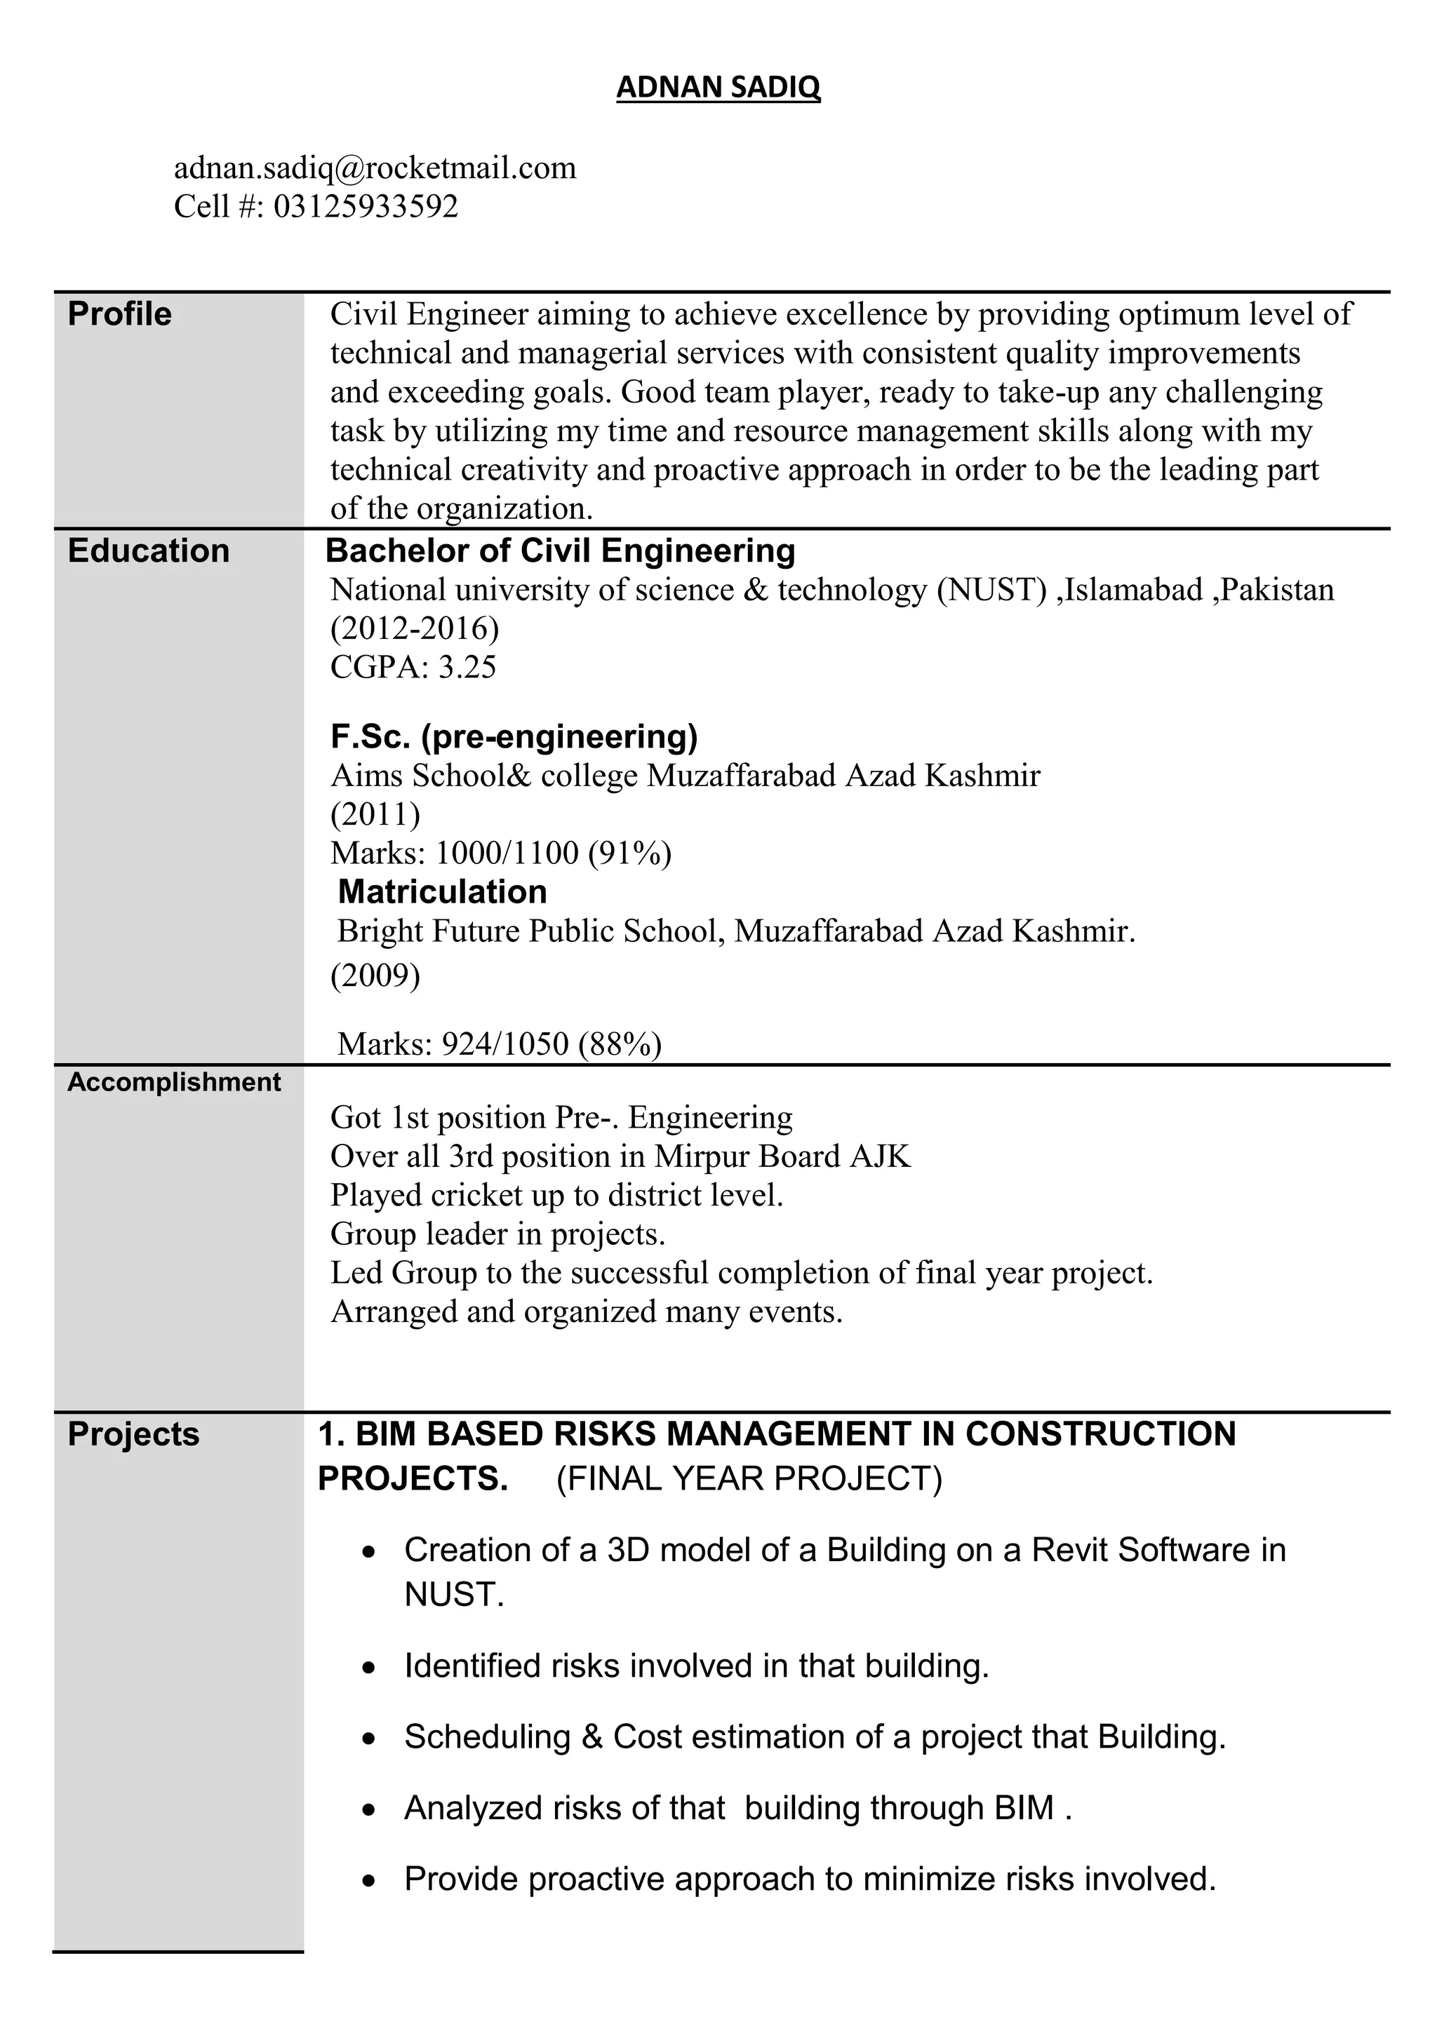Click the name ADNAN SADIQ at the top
click(718, 87)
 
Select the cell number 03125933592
click(366, 206)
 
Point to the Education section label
click(148, 551)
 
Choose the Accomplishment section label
click(173, 1082)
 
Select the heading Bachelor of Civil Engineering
click(560, 551)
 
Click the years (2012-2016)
click(414, 628)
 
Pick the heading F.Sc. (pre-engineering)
click(514, 735)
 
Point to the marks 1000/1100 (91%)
click(553, 853)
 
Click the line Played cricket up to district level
click(556, 1195)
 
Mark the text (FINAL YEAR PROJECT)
click(749, 1479)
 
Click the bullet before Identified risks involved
click(370, 1668)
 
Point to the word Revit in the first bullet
click(1067, 1550)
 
